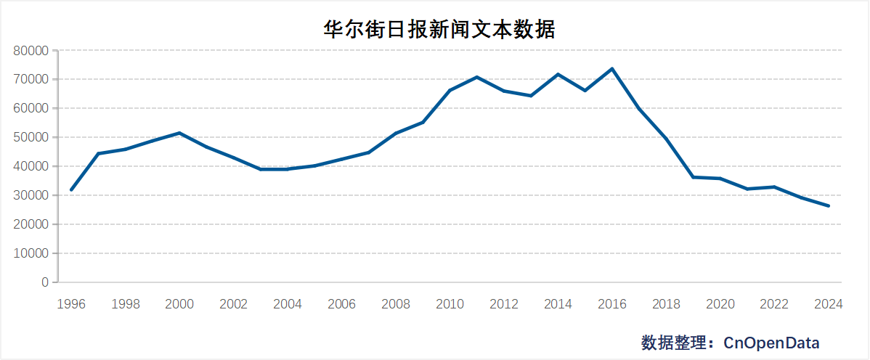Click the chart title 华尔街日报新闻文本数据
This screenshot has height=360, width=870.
[x=439, y=29]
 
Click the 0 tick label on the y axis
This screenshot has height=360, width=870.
[x=45, y=282]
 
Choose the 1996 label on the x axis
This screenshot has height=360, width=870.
[x=71, y=304]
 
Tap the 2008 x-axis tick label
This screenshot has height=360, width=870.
[x=396, y=304]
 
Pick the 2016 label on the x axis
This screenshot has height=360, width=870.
[x=612, y=304]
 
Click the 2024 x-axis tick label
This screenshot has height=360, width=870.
[x=829, y=304]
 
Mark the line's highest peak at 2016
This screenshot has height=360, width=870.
[x=612, y=69]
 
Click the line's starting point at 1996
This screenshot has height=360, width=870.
[x=71, y=189]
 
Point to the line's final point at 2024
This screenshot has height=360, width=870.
[x=829, y=206]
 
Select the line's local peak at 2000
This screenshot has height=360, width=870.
[x=179, y=133]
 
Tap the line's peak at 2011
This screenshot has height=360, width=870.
[x=477, y=77]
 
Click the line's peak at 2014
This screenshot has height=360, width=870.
[x=558, y=74]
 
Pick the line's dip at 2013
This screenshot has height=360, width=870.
[x=531, y=96]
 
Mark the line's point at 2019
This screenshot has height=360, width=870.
[x=694, y=177]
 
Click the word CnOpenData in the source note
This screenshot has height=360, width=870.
[x=771, y=343]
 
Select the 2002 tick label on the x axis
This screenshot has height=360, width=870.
[x=233, y=304]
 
